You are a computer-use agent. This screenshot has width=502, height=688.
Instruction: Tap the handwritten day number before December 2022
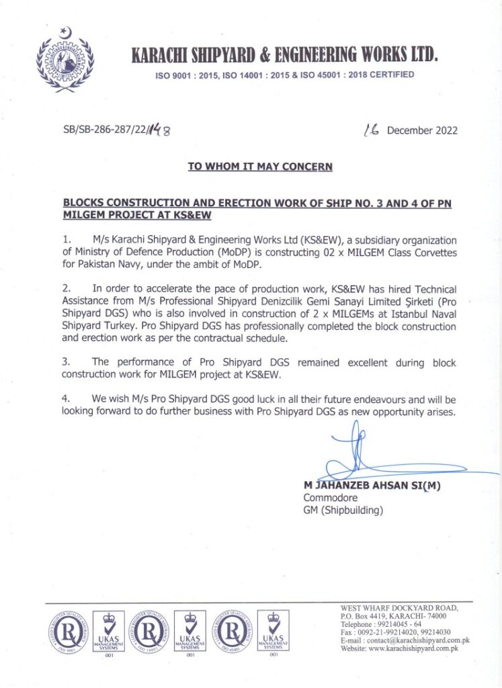(x=370, y=129)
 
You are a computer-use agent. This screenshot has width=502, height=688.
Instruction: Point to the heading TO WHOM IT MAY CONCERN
(x=260, y=167)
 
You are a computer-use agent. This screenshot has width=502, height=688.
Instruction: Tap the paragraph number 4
(x=66, y=398)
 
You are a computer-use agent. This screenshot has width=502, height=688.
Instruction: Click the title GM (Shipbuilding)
(x=343, y=511)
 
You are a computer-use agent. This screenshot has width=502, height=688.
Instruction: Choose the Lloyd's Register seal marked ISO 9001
(x=66, y=632)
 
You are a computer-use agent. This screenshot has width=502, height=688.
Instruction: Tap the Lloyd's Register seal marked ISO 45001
(x=231, y=632)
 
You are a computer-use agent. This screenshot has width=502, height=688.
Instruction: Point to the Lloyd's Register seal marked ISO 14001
(x=149, y=632)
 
